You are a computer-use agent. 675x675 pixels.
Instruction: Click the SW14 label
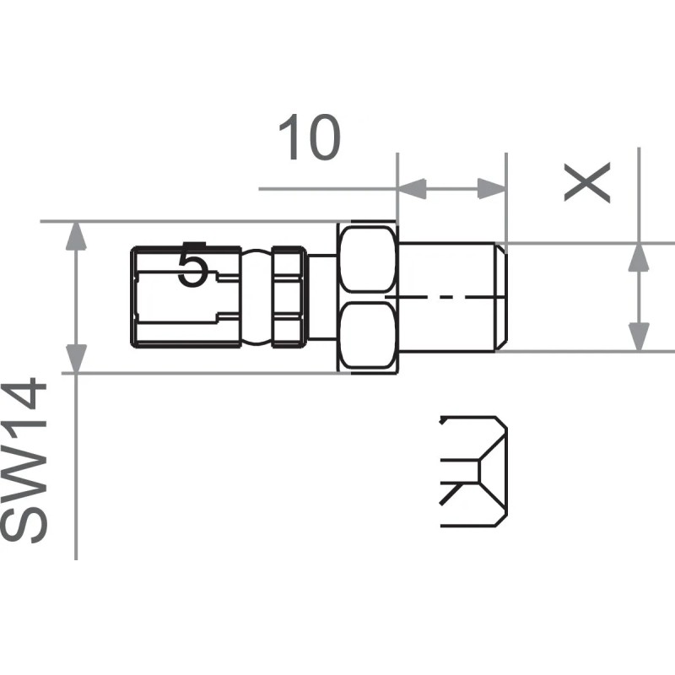coord(24,462)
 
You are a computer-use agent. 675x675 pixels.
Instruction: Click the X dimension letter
coord(587,182)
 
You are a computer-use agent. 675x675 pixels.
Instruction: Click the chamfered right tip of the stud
coord(500,297)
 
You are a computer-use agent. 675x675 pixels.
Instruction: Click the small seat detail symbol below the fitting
coord(474,471)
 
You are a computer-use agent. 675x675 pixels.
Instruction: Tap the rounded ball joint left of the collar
coord(257,295)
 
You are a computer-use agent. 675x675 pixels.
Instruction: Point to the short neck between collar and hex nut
coord(321,295)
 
